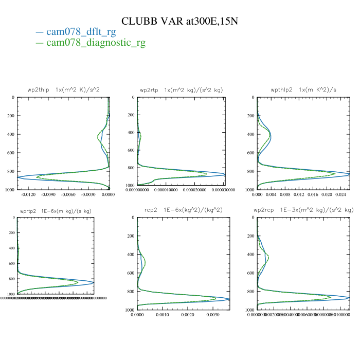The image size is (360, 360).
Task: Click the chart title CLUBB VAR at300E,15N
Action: coord(179,21)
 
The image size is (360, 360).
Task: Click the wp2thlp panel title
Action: coord(63,89)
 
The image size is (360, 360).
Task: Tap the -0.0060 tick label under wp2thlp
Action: coord(68,195)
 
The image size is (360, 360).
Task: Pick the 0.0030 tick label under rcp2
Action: coord(213,315)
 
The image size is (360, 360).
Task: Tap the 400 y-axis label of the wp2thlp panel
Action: coord(11,134)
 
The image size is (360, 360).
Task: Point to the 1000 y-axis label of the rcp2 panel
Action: coord(130,310)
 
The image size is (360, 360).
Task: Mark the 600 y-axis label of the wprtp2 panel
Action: coord(11,263)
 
